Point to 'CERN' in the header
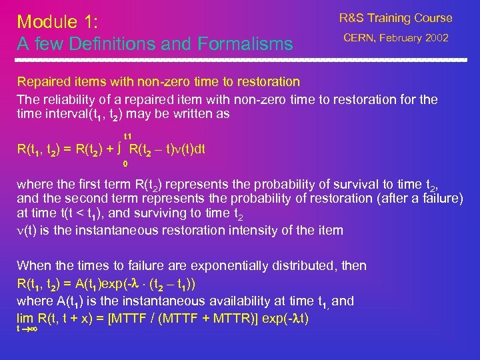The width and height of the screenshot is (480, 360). pyautogui.click(x=361, y=39)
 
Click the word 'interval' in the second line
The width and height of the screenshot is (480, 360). pyautogui.click(x=67, y=114)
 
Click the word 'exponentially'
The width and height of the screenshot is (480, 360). pyautogui.click(x=217, y=265)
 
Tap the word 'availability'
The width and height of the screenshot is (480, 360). pyautogui.click(x=233, y=301)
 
